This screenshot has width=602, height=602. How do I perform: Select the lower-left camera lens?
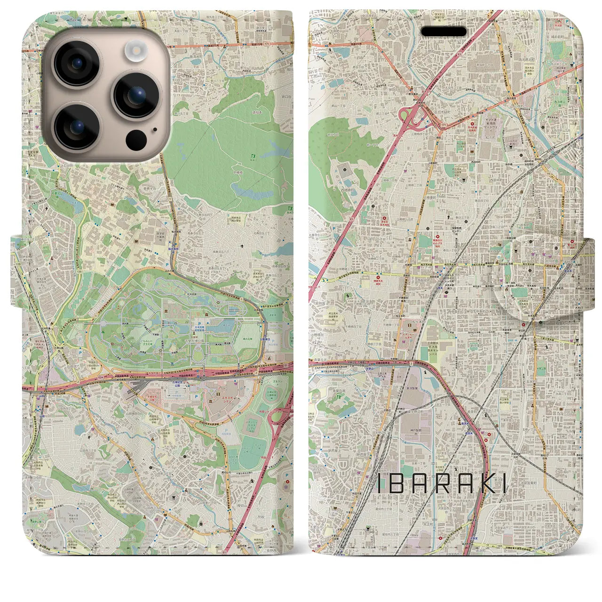[x=76, y=126]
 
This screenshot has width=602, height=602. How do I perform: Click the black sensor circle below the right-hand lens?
[x=136, y=140]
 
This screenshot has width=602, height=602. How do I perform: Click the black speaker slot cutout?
[x=444, y=32]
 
